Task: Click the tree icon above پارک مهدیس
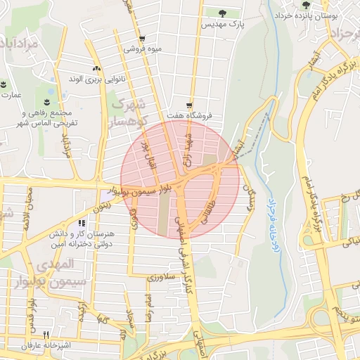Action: [223, 13]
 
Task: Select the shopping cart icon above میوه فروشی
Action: [142, 39]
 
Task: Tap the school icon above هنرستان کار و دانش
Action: [82, 223]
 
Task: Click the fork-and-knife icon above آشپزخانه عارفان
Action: [46, 335]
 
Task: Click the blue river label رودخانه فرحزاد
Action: [267, 210]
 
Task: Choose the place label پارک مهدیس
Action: [223, 25]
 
